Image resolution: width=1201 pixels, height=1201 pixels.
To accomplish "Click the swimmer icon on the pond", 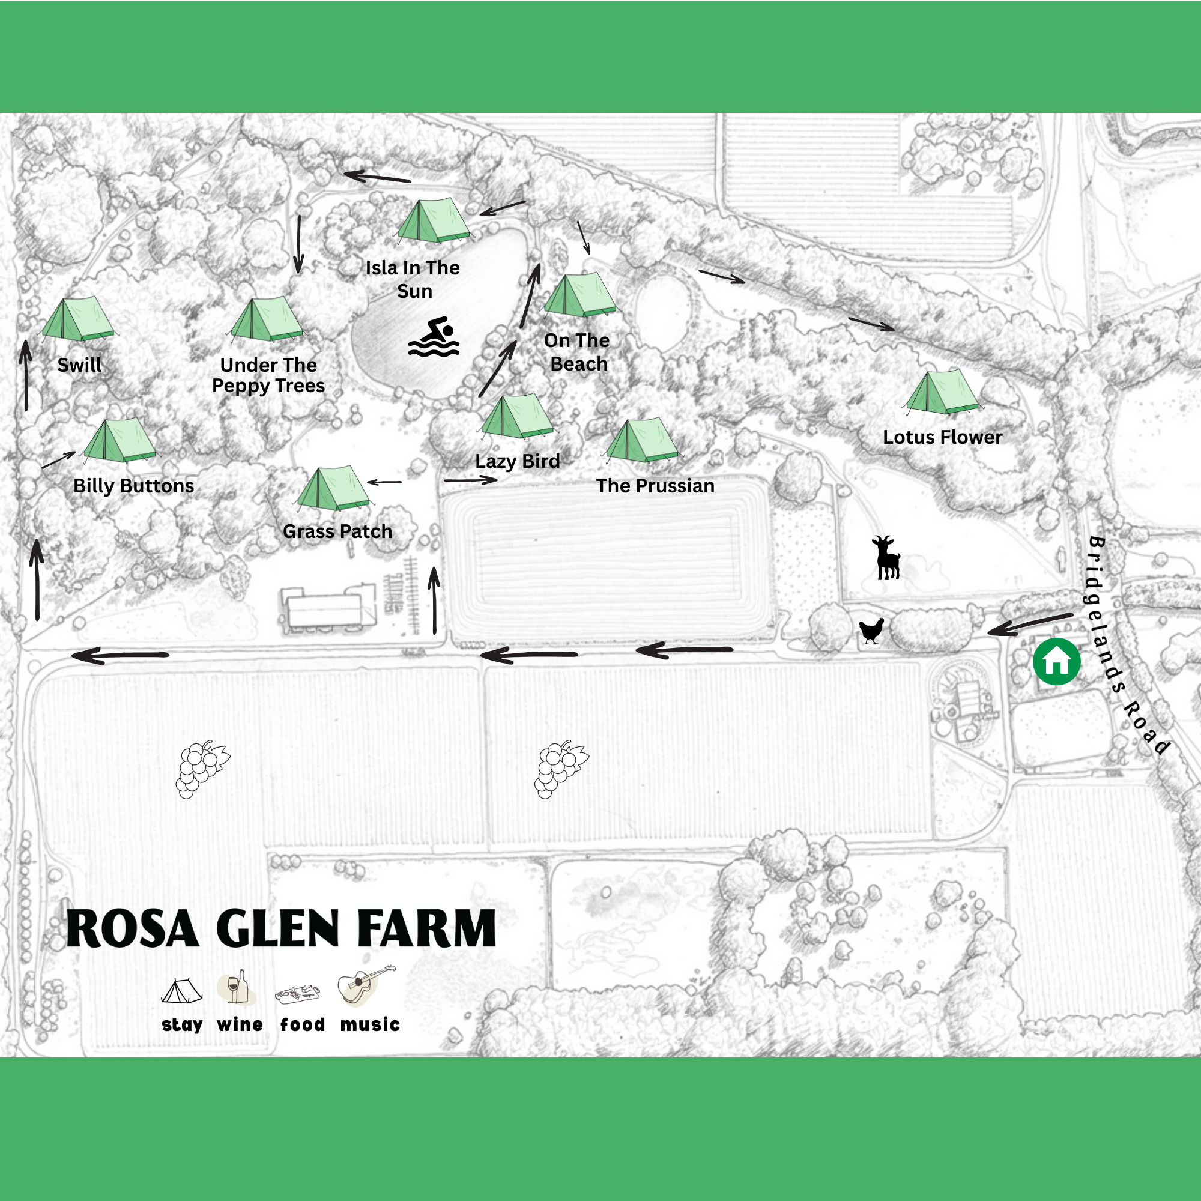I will (434, 337).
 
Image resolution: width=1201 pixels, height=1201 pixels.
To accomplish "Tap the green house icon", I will (1056, 661).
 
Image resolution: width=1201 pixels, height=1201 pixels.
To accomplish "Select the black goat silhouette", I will (886, 558).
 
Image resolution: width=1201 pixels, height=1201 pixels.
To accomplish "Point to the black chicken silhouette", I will (871, 631).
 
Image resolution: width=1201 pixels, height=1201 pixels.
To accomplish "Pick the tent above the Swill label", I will (78, 319).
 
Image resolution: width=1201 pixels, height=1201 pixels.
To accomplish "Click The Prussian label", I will (655, 485).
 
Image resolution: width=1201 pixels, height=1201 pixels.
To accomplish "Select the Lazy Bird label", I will (517, 461).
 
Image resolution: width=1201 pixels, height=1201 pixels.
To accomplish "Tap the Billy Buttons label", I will (134, 485).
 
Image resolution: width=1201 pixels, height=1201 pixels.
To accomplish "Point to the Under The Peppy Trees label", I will (268, 375).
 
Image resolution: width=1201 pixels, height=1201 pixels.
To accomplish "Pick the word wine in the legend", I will (240, 1024).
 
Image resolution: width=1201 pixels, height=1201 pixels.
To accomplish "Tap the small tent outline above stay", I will (181, 991).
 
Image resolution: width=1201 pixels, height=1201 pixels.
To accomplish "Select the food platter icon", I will (298, 993).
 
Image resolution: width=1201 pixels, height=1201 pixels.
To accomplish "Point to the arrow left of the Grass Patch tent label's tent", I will (385, 482).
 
